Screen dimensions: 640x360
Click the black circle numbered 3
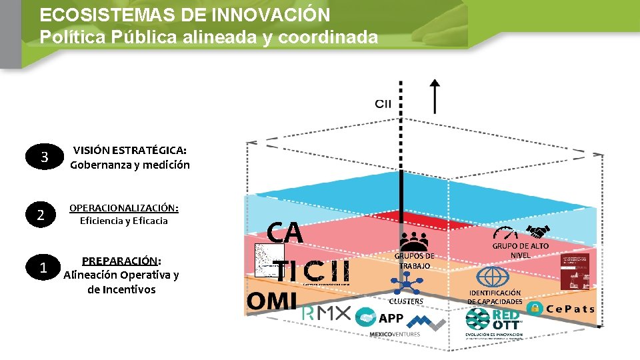pyautogui.click(x=44, y=158)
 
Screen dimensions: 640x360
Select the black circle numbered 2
pyautogui.click(x=41, y=215)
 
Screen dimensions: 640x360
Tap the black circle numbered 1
pyautogui.click(x=42, y=268)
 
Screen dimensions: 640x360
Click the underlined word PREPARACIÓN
pyautogui.click(x=120, y=261)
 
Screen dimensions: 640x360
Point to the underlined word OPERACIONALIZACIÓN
pyautogui.click(x=123, y=207)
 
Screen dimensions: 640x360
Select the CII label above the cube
pyautogui.click(x=383, y=103)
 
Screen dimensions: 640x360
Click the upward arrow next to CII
pyautogui.click(x=435, y=96)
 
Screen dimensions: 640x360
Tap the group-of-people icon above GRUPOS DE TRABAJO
pyautogui.click(x=414, y=241)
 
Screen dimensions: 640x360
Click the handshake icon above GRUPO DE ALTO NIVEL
pyautogui.click(x=537, y=231)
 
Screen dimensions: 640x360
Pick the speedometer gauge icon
pyautogui.click(x=506, y=233)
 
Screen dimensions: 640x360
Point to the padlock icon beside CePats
pyautogui.click(x=535, y=308)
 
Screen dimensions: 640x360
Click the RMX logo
pyautogui.click(x=327, y=314)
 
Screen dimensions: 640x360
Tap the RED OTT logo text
pyautogui.click(x=507, y=319)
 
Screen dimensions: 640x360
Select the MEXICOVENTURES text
pyautogui.click(x=395, y=334)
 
